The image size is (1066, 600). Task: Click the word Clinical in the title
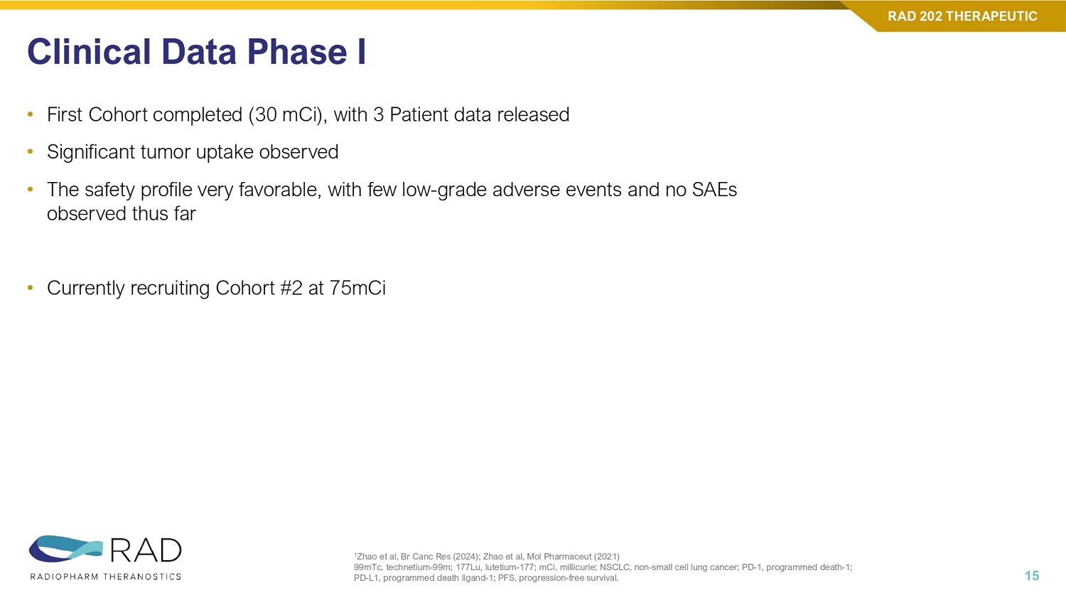[89, 51]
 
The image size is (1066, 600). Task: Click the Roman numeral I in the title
[362, 51]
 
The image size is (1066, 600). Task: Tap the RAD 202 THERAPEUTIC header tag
[962, 16]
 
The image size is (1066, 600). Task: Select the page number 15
[1032, 576]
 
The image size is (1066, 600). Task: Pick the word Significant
[91, 152]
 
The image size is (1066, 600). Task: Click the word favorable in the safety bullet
[280, 190]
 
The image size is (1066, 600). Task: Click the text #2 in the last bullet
[291, 288]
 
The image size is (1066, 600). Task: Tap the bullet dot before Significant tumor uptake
[31, 152]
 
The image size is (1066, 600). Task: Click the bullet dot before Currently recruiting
[31, 288]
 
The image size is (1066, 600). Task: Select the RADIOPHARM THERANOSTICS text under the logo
[106, 577]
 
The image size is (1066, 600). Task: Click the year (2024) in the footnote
[465, 556]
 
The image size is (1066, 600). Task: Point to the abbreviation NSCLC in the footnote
[615, 567]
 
